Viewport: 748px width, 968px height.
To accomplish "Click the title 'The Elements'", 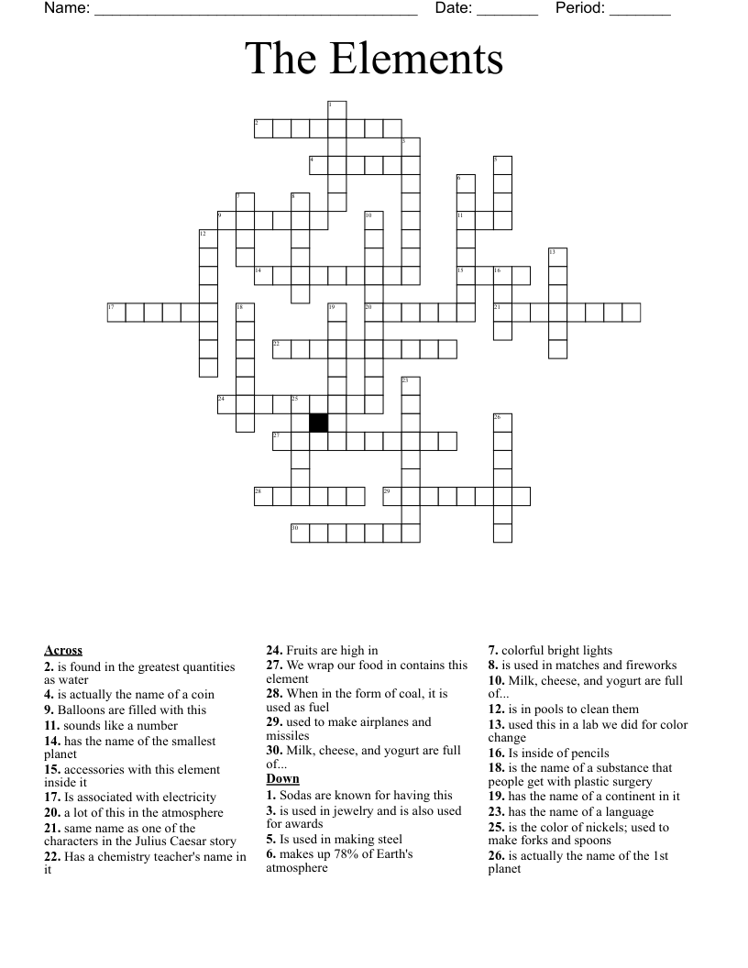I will coord(374,59).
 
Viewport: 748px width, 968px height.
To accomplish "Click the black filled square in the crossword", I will coord(318,423).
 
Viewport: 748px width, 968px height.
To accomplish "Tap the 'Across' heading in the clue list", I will coord(63,651).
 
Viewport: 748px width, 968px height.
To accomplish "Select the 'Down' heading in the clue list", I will coord(283,779).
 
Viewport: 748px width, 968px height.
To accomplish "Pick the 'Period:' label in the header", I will coord(580,8).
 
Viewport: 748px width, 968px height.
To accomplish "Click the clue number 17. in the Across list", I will coord(52,797).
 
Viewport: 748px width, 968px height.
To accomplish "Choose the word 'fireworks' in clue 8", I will coord(648,665).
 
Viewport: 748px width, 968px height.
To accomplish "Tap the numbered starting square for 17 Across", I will coord(116,312).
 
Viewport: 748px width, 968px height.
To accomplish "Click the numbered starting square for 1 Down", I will coord(336,110).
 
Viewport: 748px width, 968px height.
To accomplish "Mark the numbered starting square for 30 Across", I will coord(300,533).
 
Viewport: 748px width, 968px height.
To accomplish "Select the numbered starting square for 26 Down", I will coord(502,423).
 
